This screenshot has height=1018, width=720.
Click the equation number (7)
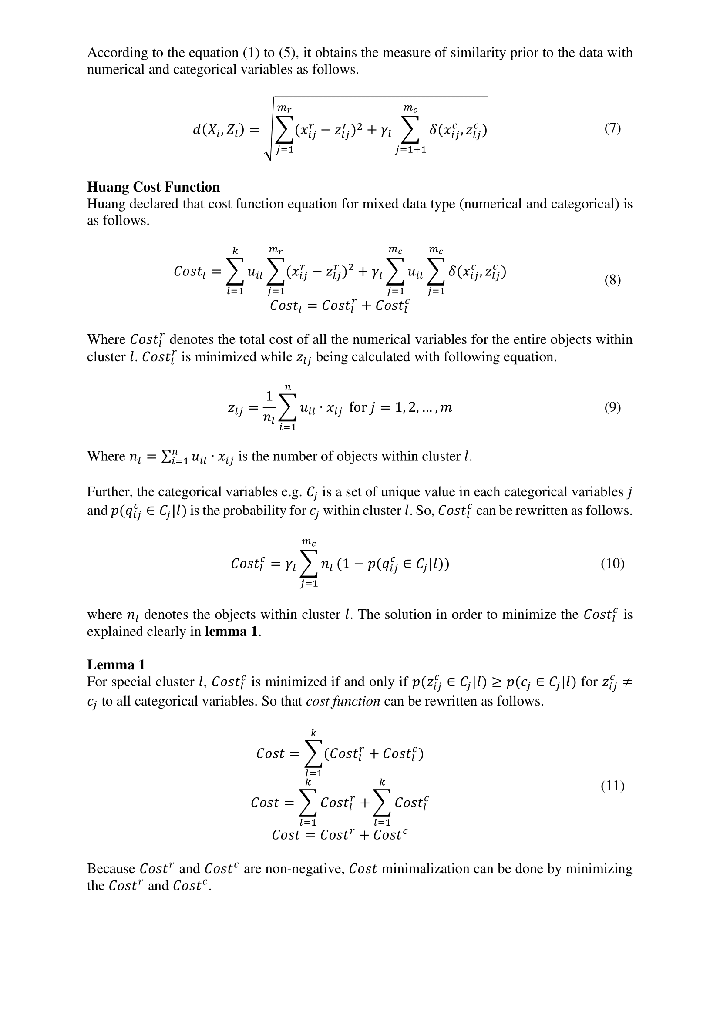(x=612, y=128)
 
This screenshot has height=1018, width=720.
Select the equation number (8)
(x=612, y=280)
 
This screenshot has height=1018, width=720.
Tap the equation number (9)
(x=612, y=407)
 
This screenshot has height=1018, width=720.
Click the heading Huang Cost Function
(x=153, y=187)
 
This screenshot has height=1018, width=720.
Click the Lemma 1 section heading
(x=116, y=665)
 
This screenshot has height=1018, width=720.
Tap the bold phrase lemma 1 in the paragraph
(x=231, y=632)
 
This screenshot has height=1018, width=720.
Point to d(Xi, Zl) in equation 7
(x=219, y=130)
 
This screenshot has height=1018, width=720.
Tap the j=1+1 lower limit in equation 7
(x=410, y=150)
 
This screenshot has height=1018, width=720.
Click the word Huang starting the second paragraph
(x=106, y=204)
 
